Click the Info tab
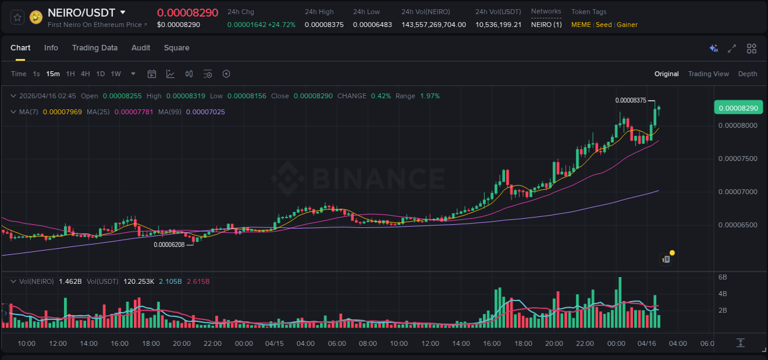[51, 48]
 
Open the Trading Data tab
[95, 48]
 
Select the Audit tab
[141, 48]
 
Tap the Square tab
[176, 48]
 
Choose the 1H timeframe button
[70, 74]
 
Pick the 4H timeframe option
[85, 74]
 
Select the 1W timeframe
[116, 74]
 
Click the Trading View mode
[708, 74]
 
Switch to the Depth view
[747, 74]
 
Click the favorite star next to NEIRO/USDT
[17, 17]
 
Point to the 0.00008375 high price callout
[630, 100]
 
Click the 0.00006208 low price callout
[169, 245]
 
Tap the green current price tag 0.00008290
[738, 108]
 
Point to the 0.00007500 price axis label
[738, 158]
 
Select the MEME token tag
[581, 25]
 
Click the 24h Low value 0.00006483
[372, 25]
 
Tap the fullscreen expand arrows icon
[732, 49]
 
